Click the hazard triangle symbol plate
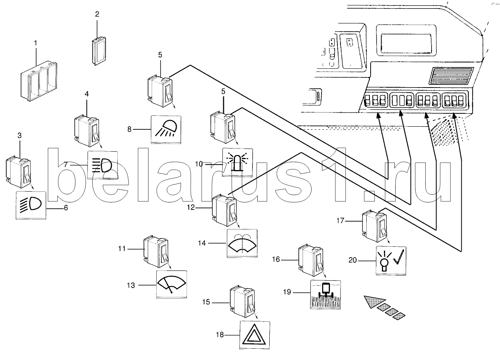pos(254,335)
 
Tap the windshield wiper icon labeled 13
pos(172,284)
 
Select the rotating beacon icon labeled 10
pos(238,163)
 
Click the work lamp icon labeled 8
pos(166,129)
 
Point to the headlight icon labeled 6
pos(31,205)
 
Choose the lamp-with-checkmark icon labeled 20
pos(391,260)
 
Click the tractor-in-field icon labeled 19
pos(325,295)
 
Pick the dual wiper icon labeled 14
pos(242,243)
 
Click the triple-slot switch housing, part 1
pos(39,81)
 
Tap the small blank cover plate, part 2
pos(99,51)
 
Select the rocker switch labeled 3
pos(18,172)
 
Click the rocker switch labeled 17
pos(374,226)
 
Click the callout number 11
pos(122,249)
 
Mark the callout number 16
pos(276,259)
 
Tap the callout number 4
pos(87,94)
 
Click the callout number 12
pos(191,208)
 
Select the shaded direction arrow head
pos(374,301)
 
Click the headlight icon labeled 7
pos(102,165)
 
